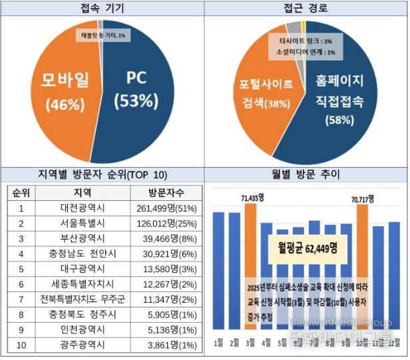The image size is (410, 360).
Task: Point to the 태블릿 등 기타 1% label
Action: tap(102, 35)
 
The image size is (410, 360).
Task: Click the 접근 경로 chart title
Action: tap(306, 8)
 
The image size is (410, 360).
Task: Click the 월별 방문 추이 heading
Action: tap(306, 175)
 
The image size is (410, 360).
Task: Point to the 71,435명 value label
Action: tap(253, 198)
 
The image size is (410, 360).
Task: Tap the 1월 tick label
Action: tap(218, 343)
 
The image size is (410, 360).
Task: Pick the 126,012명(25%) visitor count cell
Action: tap(161, 223)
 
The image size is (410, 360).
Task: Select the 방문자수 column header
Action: tap(161, 192)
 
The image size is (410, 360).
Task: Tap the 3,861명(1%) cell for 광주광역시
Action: tap(161, 345)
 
